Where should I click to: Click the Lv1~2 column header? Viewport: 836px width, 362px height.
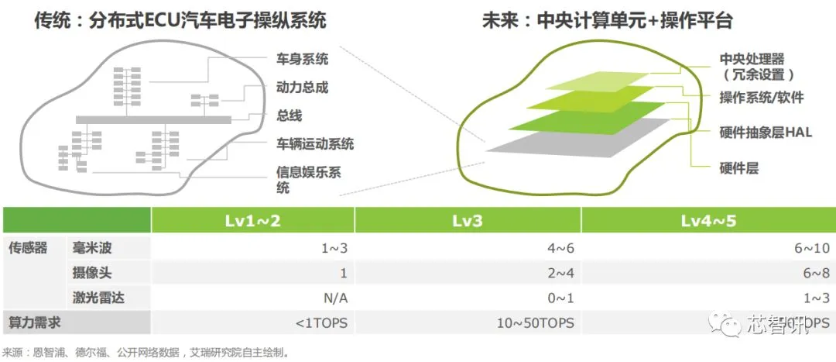[252, 221]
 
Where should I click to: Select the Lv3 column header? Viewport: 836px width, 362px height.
[468, 221]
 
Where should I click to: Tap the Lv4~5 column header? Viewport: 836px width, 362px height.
[708, 221]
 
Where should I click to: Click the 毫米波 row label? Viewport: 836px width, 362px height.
[93, 248]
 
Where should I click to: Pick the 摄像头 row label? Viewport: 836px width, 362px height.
[93, 273]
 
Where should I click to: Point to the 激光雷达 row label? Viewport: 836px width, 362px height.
[98, 298]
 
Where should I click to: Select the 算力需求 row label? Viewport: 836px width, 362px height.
[34, 322]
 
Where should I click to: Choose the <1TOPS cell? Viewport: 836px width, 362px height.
[320, 322]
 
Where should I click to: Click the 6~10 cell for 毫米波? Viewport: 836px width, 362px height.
[810, 248]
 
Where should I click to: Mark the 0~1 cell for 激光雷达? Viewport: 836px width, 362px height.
[560, 298]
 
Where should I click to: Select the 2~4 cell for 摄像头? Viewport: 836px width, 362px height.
[560, 273]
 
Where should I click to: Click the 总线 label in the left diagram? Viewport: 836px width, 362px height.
[289, 115]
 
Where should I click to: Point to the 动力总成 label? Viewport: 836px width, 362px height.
[302, 87]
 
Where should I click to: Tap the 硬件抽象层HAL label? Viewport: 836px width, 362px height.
[765, 133]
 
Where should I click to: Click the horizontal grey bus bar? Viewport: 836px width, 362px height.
[155, 119]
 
